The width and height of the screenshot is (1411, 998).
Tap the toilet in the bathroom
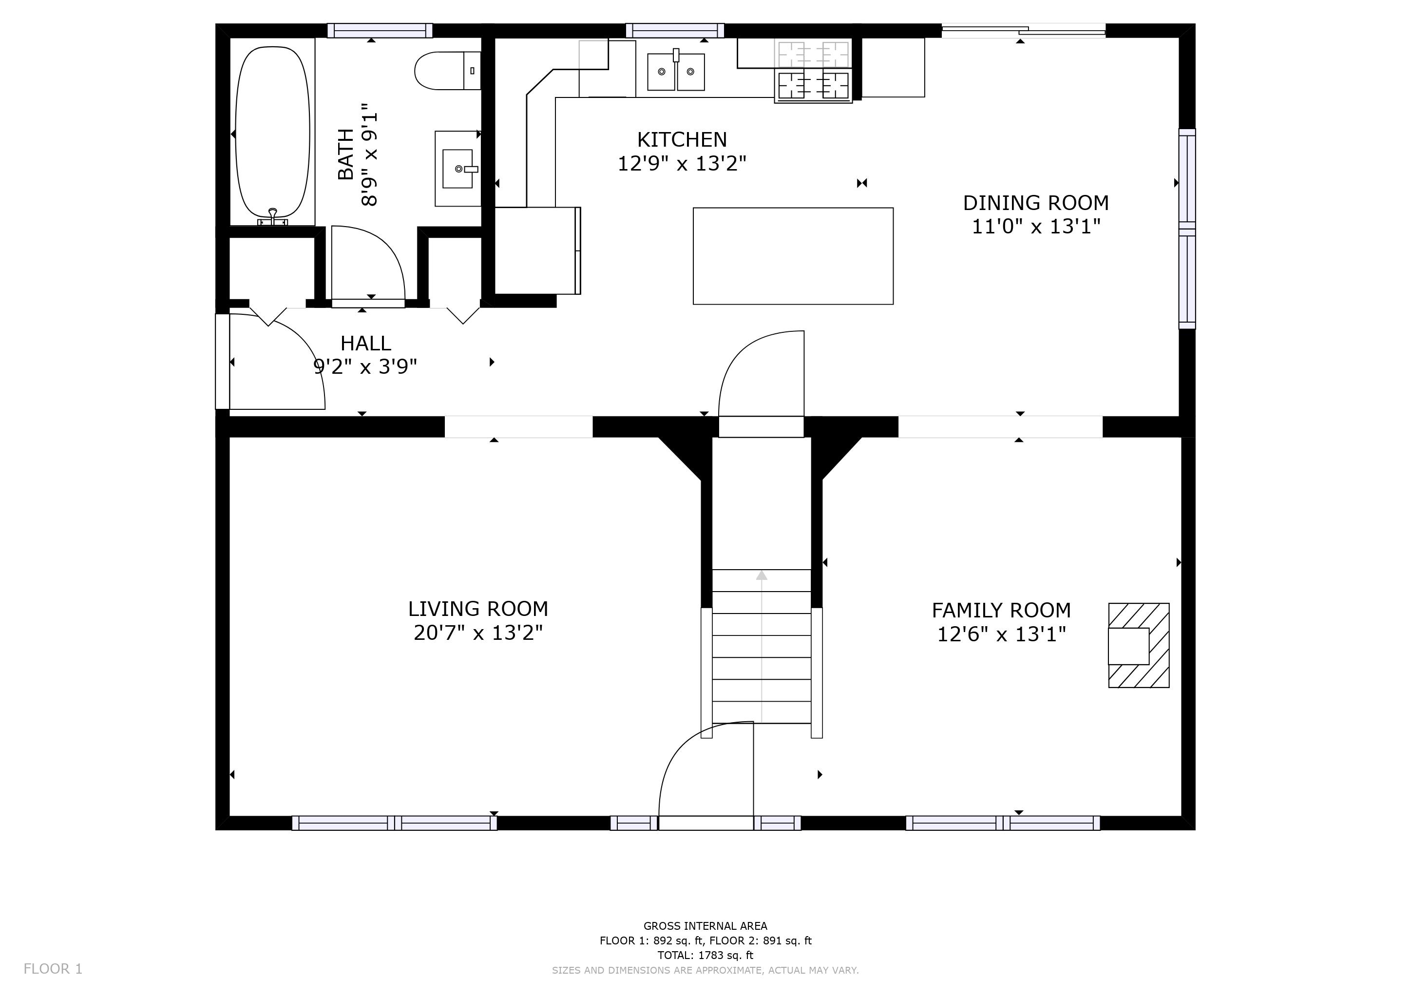pos(447,71)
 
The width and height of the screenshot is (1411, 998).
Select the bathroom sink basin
pos(458,169)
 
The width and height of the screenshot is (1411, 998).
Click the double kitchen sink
pos(676,71)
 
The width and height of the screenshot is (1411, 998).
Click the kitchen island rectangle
pos(793,256)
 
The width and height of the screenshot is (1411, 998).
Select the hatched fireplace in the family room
pos(1139,645)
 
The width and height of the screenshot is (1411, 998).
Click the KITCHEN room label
pos(682,139)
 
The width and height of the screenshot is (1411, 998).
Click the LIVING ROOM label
pos(478,608)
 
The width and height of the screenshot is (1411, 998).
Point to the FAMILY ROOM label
pos(1001,610)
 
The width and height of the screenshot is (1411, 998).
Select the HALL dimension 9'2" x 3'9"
pos(365,367)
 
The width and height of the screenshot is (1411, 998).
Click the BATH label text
pos(346,154)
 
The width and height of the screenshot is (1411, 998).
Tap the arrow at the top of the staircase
pos(762,575)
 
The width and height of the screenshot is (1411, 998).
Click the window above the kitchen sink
pos(675,30)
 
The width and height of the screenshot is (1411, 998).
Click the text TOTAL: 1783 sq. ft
pos(705,955)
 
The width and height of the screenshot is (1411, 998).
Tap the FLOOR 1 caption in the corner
pos(53,968)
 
